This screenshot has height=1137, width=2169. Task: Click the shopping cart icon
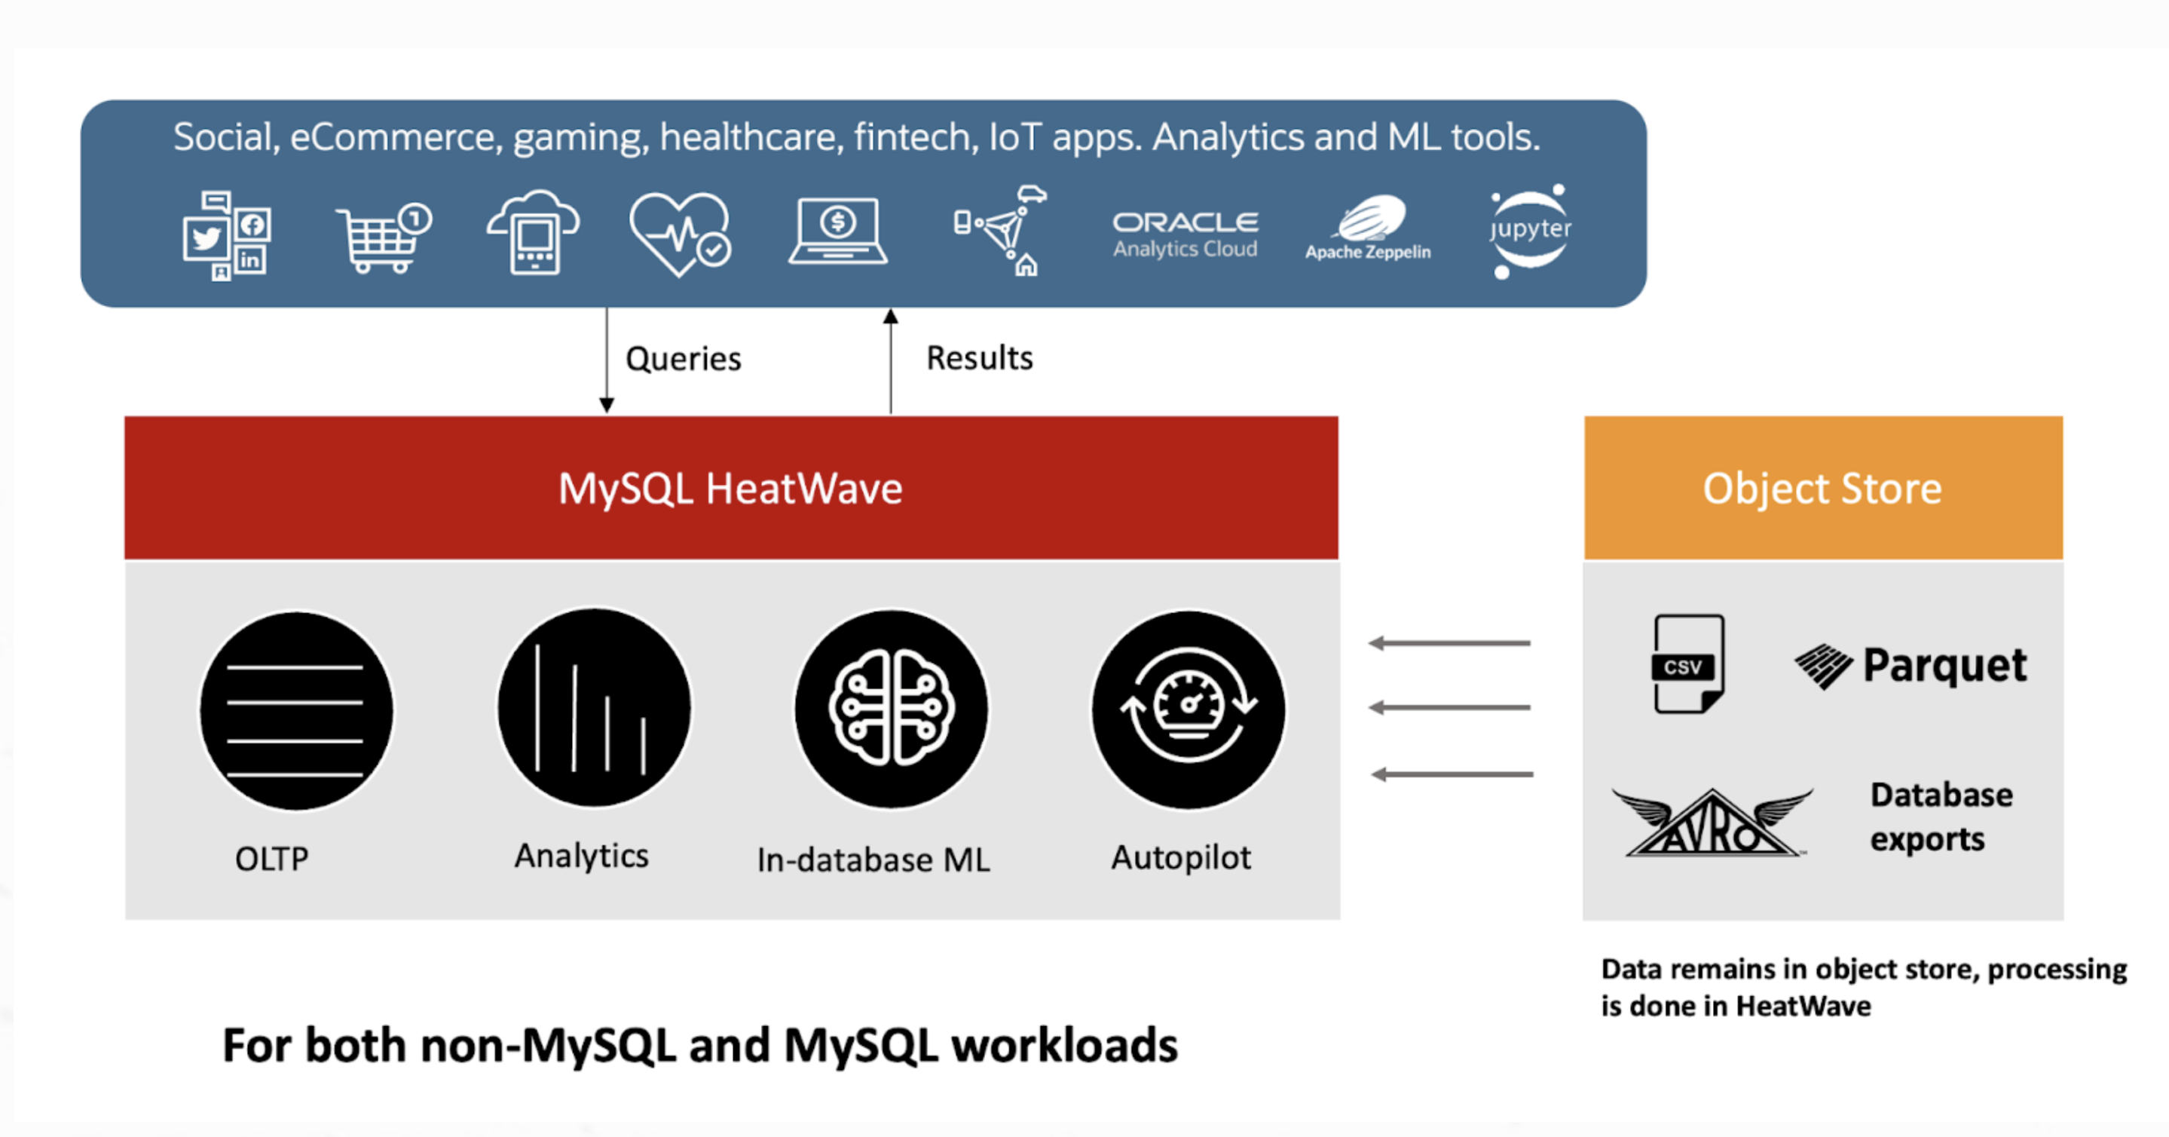383,238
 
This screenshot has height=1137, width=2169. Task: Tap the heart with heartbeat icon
680,233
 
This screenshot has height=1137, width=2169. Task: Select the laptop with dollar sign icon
838,231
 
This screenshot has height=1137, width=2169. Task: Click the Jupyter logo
1529,230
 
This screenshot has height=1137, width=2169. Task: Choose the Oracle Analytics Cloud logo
1185,233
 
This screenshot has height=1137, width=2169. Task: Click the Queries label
683,359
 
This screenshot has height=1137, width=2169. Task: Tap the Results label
979,358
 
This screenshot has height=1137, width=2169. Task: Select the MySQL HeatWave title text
730,489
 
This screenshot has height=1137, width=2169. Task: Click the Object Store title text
1822,489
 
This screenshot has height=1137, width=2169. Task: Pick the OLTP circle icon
295,711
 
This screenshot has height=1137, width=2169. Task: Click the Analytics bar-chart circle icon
594,708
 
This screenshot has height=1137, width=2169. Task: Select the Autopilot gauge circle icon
1188,709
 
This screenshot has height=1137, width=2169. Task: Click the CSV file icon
1687,664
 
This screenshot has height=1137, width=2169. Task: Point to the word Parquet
1944,665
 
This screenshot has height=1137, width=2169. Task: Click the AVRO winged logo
1711,823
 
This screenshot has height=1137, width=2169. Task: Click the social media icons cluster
225,235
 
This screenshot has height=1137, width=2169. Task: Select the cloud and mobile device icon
534,232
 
